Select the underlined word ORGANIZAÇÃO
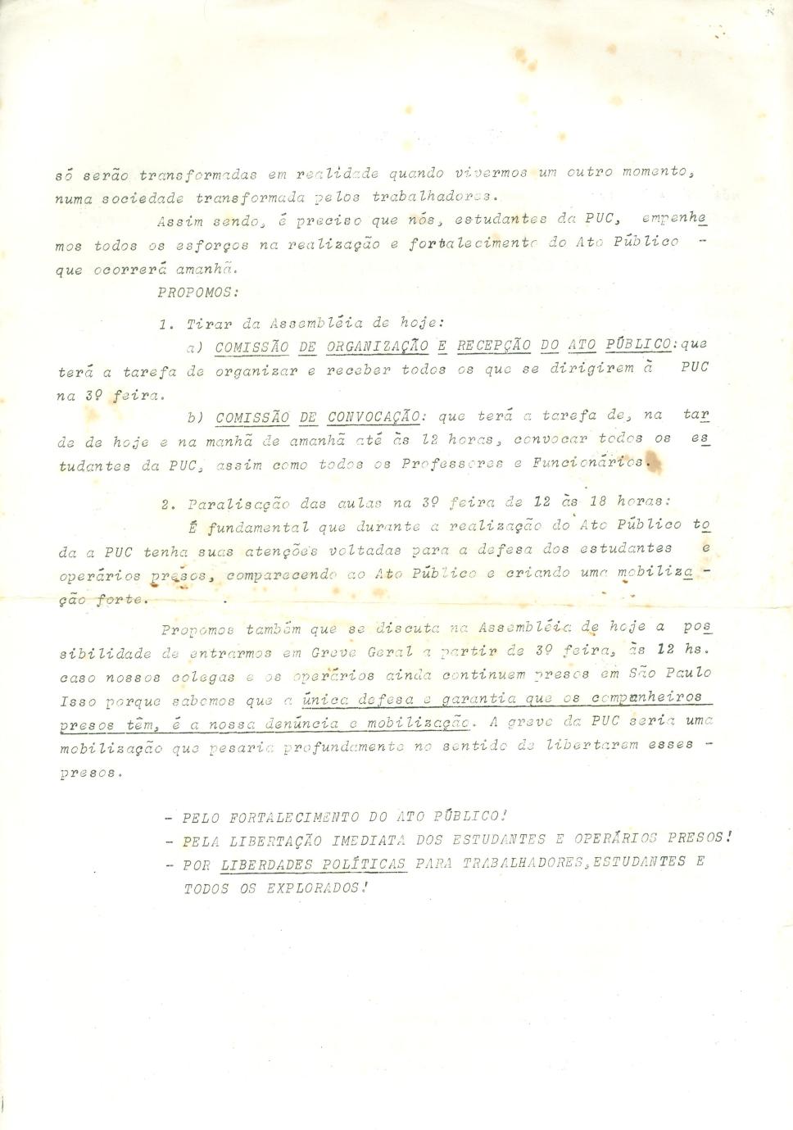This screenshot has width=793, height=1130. [x=378, y=346]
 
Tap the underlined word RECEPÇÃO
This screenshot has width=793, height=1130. [x=493, y=346]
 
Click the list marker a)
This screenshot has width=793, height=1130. [x=195, y=347]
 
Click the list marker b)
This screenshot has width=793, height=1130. [x=195, y=417]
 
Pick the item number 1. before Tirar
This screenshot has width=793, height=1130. [x=166, y=324]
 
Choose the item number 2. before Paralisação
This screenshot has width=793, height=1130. [x=169, y=503]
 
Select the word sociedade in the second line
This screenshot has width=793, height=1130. [x=135, y=197]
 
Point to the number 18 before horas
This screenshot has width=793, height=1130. [x=599, y=500]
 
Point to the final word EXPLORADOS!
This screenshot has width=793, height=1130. [x=314, y=887]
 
